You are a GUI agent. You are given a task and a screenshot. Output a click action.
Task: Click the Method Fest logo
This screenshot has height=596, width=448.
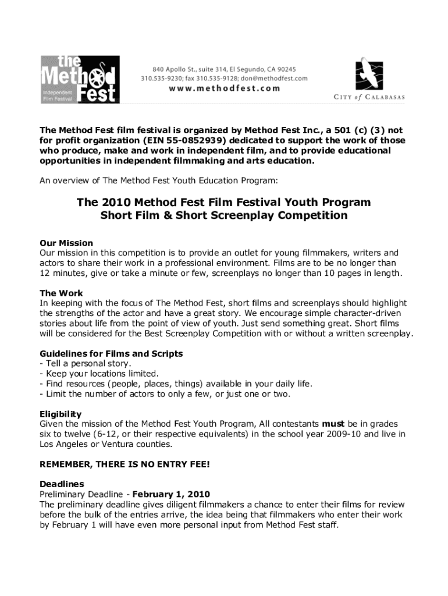pos(79,79)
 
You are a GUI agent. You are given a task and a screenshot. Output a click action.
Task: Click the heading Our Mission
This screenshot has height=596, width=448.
pos(66,243)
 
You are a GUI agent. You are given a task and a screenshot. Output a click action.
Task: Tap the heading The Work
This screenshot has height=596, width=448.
pos(61,293)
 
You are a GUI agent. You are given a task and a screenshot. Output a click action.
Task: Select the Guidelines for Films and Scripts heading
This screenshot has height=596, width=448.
pos(111,354)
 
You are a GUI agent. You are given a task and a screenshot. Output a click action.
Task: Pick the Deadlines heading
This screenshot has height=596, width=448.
pos(62,484)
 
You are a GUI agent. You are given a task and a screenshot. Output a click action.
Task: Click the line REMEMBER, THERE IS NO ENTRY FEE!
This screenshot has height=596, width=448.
pos(125,465)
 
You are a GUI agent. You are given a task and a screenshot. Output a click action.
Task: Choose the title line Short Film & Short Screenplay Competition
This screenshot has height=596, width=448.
pos(223,216)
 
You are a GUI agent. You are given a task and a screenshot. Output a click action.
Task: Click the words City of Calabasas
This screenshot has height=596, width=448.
pos(369,97)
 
